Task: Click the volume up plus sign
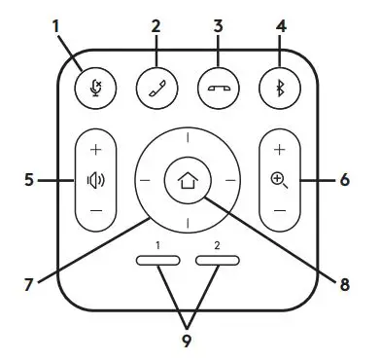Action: (x=94, y=152)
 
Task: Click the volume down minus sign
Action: (x=94, y=209)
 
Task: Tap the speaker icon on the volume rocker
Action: (x=94, y=180)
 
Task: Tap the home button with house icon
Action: (x=188, y=181)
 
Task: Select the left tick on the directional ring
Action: (x=145, y=181)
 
